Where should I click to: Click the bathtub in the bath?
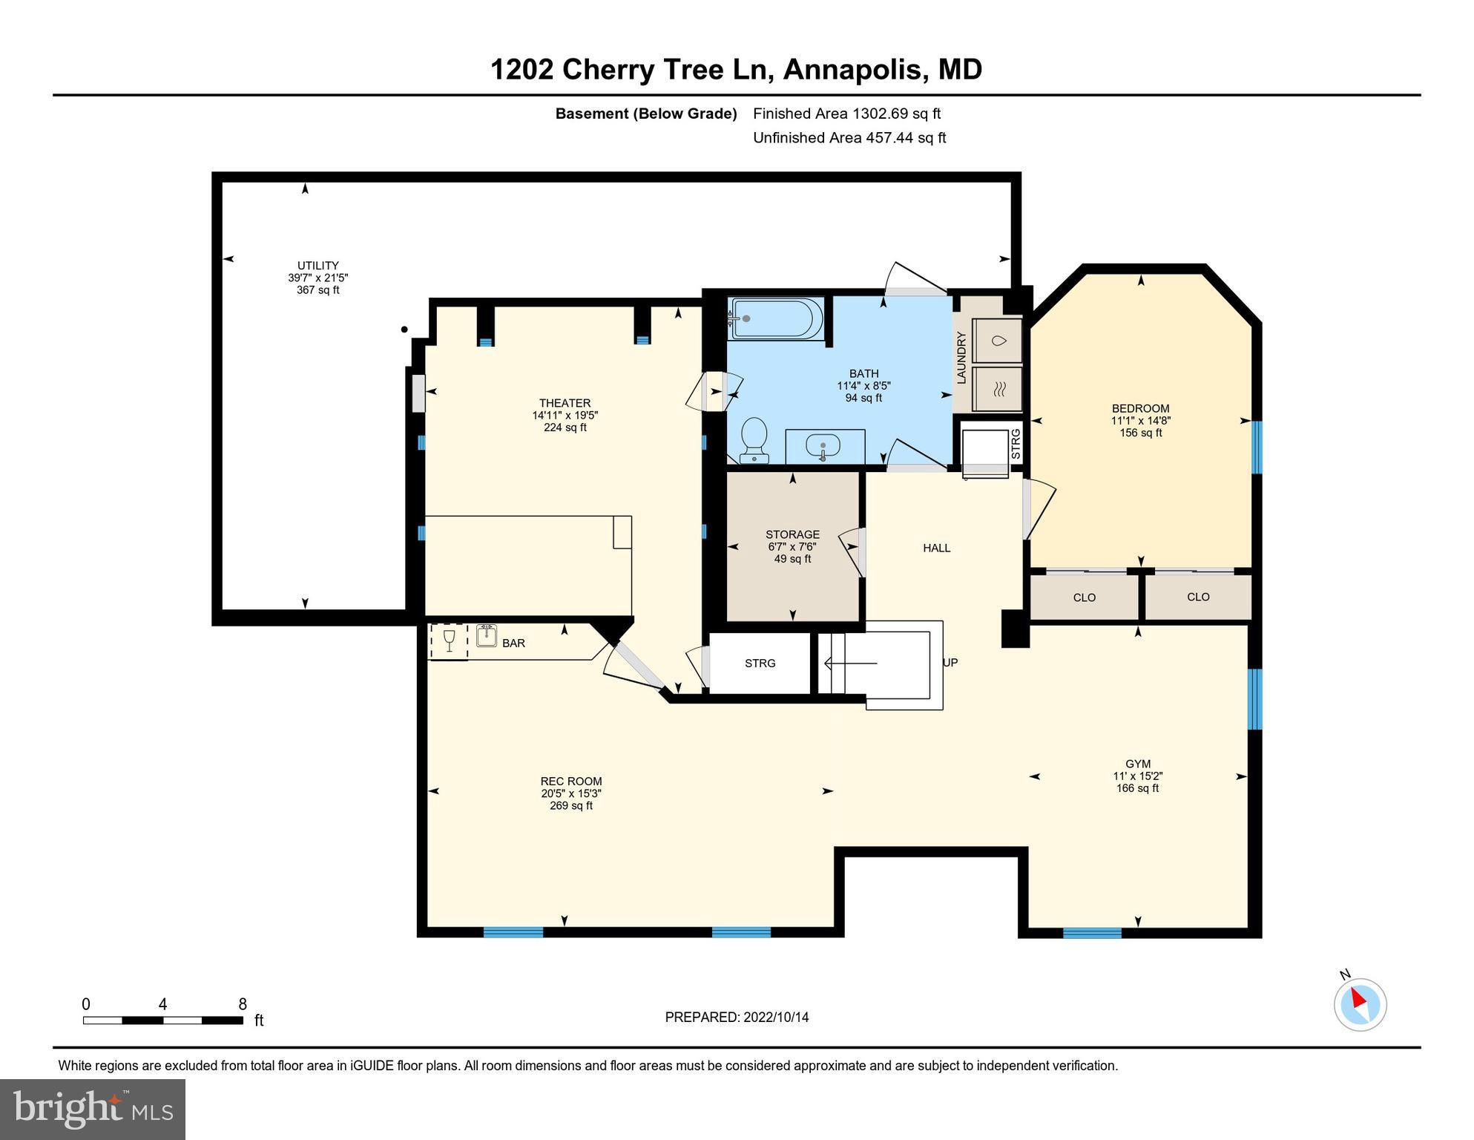click(776, 318)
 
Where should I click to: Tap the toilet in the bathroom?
click(754, 439)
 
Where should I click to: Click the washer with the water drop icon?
click(998, 341)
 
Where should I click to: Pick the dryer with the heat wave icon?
click(998, 388)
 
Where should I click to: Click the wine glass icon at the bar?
click(449, 641)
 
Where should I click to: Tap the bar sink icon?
click(487, 636)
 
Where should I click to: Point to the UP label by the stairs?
click(950, 662)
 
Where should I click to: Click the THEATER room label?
click(565, 403)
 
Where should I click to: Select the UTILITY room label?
click(317, 265)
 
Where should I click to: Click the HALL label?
click(936, 548)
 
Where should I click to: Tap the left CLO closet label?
click(1084, 597)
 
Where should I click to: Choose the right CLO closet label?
click(1198, 597)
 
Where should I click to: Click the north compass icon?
click(1360, 1004)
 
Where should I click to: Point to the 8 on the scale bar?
click(243, 1004)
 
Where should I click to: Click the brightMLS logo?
click(93, 1109)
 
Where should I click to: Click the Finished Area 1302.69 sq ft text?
click(846, 114)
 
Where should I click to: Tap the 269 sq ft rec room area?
click(570, 805)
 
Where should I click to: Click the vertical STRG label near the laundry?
click(1016, 444)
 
